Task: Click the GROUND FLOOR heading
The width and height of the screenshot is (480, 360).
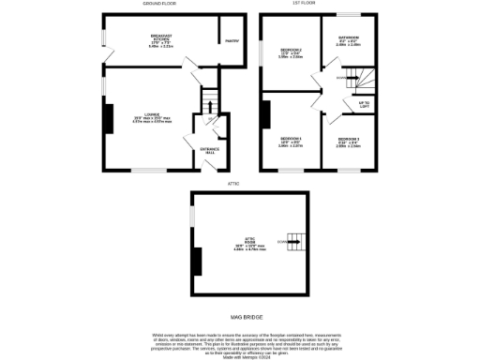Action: point(161,4)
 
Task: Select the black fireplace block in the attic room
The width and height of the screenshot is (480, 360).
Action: point(196,261)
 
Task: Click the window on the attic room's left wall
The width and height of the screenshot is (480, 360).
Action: point(191,216)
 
